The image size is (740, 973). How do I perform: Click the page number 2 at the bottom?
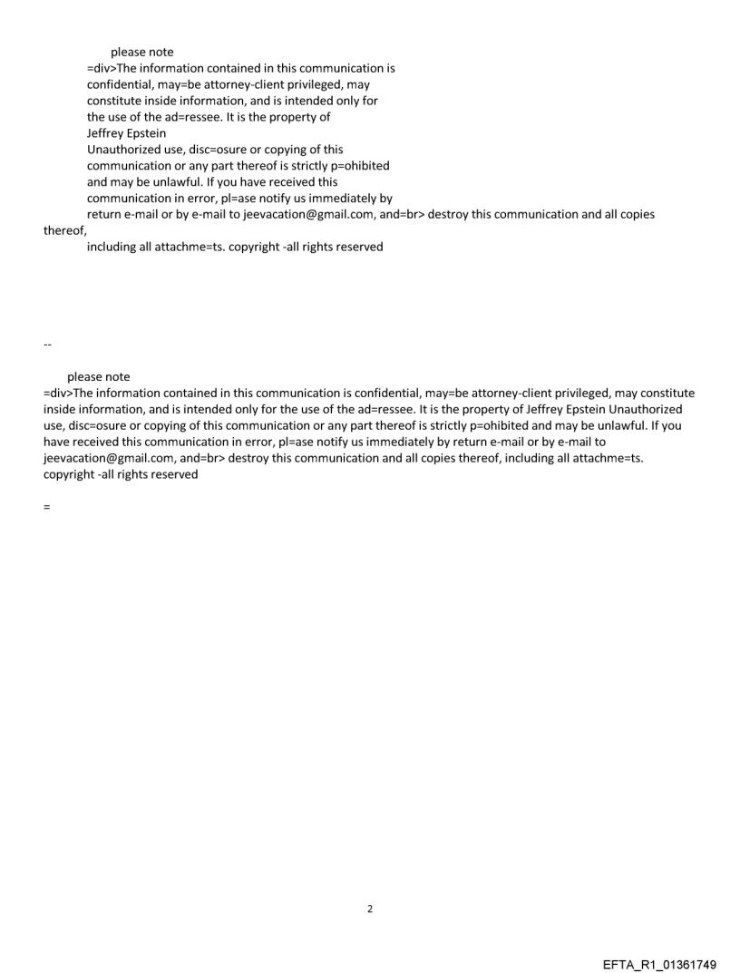coord(369,909)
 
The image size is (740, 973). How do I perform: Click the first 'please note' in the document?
coord(141,53)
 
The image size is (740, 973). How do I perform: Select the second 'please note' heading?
coord(98,376)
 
